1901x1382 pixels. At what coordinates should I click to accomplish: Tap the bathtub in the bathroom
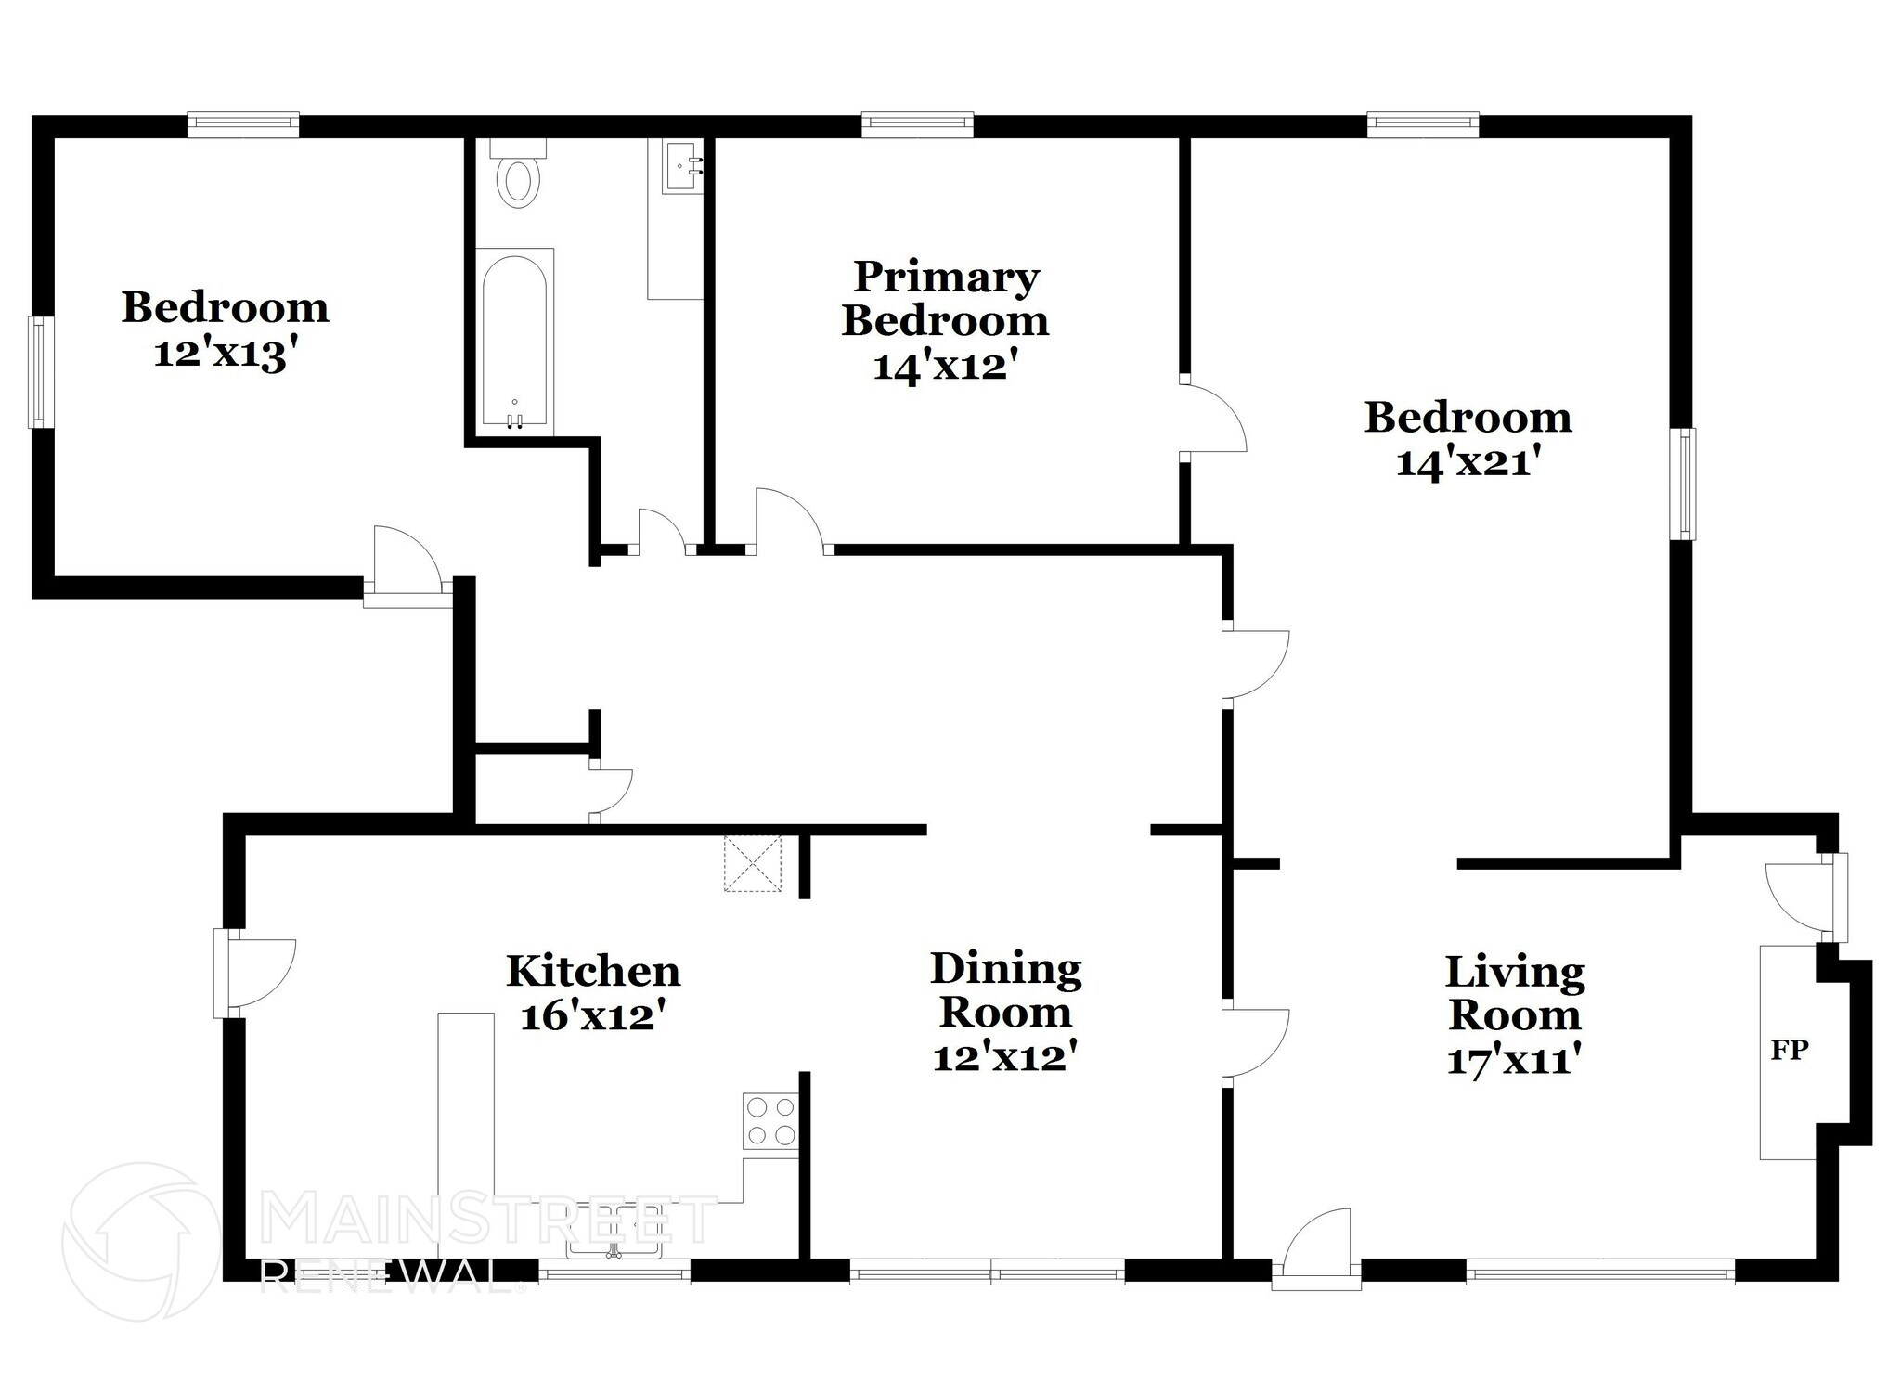tap(515, 340)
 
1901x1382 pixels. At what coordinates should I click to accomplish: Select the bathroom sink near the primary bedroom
tap(682, 168)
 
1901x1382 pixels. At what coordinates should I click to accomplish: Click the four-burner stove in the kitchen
tap(770, 1120)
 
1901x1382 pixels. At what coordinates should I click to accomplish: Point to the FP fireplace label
tap(1789, 1050)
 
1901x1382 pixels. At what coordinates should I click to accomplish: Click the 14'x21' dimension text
tap(1468, 462)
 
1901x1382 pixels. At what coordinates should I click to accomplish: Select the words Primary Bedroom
tap(945, 299)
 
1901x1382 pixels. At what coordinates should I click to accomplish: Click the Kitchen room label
tap(593, 971)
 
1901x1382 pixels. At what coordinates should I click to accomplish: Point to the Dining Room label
tap(1005, 989)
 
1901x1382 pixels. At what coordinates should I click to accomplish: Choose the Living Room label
tap(1515, 993)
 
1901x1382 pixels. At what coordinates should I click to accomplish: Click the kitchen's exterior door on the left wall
tap(255, 972)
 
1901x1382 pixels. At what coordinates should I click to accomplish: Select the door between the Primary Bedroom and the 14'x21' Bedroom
tap(1211, 419)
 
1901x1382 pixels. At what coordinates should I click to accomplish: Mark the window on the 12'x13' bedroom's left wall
tap(40, 372)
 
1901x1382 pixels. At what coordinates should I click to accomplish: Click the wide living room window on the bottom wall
tap(1599, 1271)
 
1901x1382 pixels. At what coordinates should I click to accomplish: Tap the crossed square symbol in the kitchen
tap(753, 863)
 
